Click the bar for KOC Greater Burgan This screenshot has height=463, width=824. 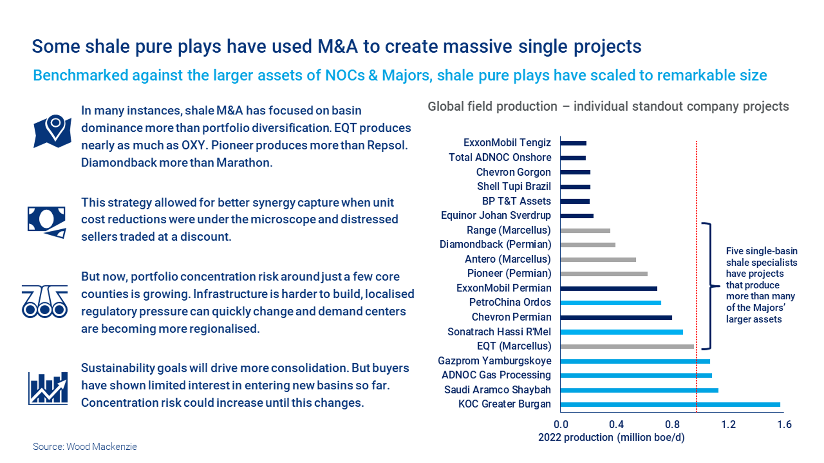tap(670, 404)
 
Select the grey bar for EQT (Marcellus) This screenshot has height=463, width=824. tap(627, 347)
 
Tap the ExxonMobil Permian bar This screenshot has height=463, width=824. tap(608, 289)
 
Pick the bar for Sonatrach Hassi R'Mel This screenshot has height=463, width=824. tap(621, 332)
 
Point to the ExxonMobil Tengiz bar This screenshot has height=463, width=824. tap(573, 143)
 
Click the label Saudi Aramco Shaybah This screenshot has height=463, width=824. tap(497, 390)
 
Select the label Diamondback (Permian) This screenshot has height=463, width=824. tap(495, 244)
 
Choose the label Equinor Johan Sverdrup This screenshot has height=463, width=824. tap(496, 215)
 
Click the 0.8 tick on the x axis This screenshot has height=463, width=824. tap(672, 425)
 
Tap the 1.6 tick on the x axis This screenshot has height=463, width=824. tap(784, 425)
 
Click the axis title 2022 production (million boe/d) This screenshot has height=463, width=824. tap(611, 437)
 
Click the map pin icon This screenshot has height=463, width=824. tap(53, 131)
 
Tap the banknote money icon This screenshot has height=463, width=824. tap(47, 222)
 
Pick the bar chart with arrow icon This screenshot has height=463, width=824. tap(48, 388)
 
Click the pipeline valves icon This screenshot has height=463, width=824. tap(45, 301)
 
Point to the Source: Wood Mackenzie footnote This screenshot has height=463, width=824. tap(85, 447)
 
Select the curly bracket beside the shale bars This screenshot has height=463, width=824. tap(710, 286)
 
